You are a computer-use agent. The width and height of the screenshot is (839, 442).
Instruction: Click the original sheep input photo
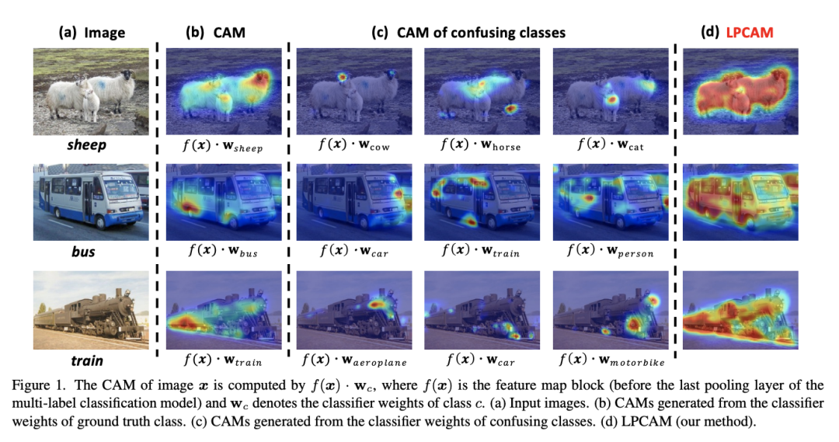coord(91,86)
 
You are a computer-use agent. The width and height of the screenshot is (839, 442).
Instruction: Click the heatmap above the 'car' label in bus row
coord(353,200)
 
